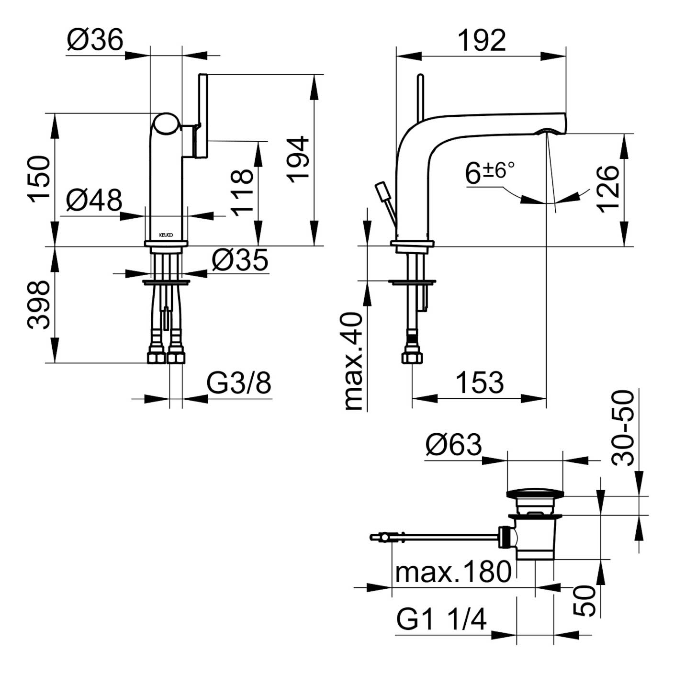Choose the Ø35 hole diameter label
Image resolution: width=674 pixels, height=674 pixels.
point(240,260)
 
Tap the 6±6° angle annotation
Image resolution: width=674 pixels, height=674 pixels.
point(489,172)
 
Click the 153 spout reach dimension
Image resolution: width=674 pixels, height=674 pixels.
point(479,383)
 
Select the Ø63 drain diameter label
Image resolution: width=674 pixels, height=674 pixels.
point(453,445)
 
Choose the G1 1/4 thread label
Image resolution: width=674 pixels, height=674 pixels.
point(441,619)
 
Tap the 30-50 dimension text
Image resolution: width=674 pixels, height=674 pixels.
point(623,427)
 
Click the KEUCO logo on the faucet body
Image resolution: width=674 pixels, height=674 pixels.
point(166,235)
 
